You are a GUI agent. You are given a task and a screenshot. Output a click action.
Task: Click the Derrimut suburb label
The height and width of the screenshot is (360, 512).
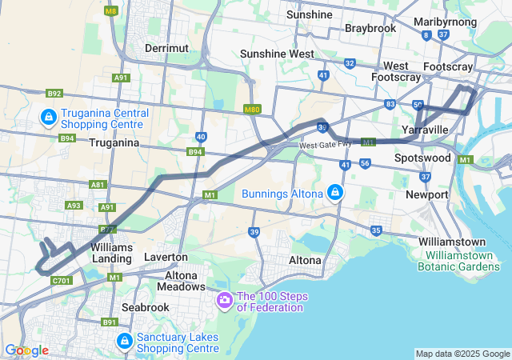[x=166, y=48]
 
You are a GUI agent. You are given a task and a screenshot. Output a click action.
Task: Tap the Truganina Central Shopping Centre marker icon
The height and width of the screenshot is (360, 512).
[x=49, y=119]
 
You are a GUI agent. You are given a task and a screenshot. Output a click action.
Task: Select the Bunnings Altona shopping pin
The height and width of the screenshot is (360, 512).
[x=334, y=193]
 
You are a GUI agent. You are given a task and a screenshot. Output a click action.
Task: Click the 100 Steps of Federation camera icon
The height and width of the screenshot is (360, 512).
[x=225, y=301]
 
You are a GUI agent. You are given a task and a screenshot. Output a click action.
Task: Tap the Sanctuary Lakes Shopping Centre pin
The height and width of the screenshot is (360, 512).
[x=124, y=342]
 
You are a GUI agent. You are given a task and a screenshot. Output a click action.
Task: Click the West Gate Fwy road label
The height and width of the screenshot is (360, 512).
[x=326, y=146]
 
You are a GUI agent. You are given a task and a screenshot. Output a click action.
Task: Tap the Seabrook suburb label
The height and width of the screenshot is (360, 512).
[x=145, y=307]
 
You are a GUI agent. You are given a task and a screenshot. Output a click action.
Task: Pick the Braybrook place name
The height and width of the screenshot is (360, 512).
[x=370, y=28]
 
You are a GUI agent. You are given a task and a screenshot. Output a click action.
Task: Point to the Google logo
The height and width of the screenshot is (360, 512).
[x=26, y=350]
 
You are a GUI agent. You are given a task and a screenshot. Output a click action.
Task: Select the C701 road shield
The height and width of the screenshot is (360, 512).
[x=61, y=281]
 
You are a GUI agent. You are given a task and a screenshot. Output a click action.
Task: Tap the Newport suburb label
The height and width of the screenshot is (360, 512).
[x=427, y=194]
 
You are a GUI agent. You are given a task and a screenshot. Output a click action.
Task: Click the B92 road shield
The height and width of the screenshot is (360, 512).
[x=54, y=94]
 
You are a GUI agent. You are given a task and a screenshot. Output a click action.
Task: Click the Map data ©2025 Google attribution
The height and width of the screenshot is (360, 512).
[x=462, y=354]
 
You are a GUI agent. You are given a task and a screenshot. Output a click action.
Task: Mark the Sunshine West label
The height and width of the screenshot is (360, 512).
[x=278, y=54]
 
